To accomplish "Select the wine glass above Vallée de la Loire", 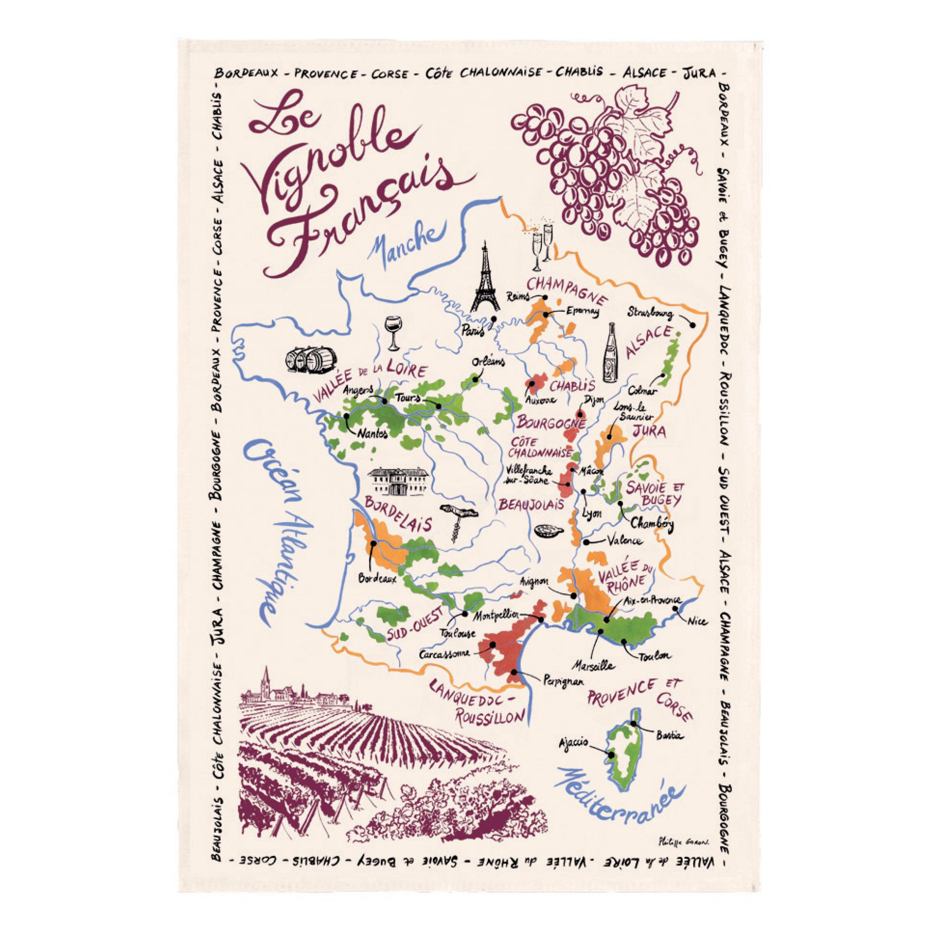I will click(392, 332).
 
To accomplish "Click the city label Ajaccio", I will click(574, 742).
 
